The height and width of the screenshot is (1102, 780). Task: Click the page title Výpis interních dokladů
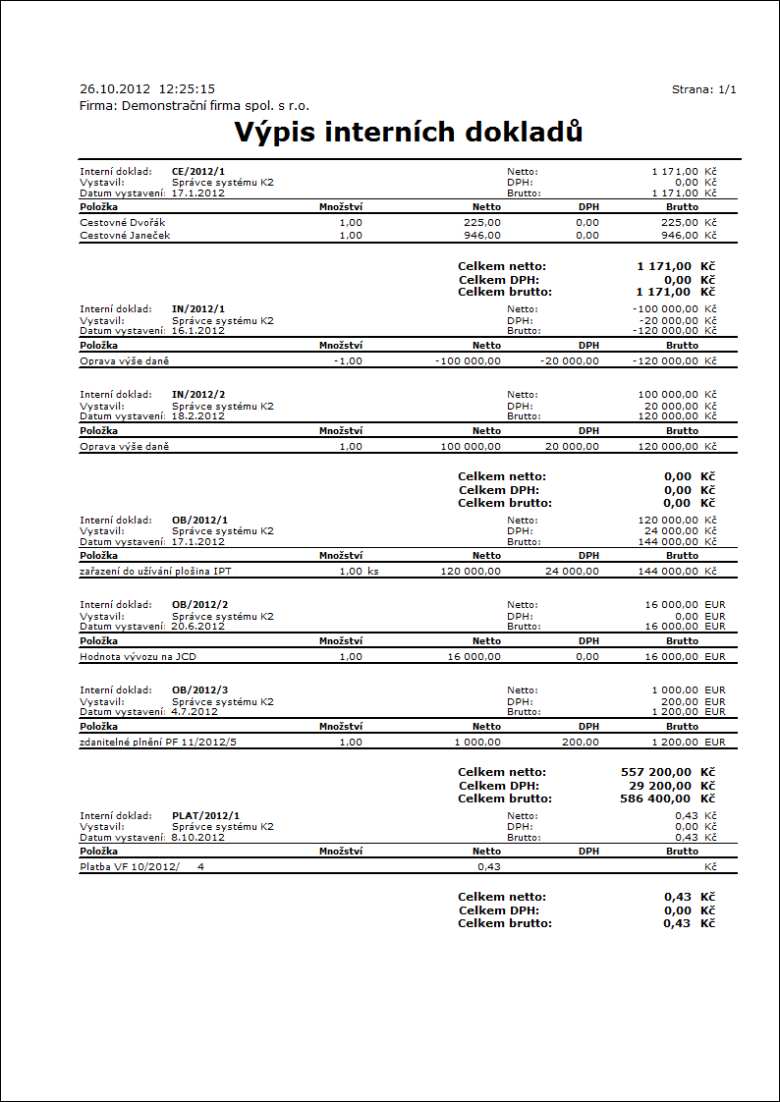pyautogui.click(x=409, y=132)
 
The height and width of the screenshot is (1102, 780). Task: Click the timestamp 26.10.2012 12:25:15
pyautogui.click(x=147, y=89)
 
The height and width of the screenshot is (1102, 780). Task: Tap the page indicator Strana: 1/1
pyautogui.click(x=703, y=89)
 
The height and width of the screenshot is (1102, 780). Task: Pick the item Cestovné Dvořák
pyautogui.click(x=123, y=222)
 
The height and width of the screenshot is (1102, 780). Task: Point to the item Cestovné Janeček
pyautogui.click(x=125, y=235)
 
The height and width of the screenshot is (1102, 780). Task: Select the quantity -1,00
pyautogui.click(x=348, y=360)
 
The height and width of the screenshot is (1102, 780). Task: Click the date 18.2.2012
pyautogui.click(x=198, y=415)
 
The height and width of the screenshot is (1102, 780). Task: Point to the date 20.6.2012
pyautogui.click(x=198, y=626)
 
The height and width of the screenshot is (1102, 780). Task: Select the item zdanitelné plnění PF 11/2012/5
pyautogui.click(x=158, y=742)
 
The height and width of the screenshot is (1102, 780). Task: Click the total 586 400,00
pyautogui.click(x=656, y=799)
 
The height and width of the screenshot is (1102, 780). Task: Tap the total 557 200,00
pyautogui.click(x=656, y=772)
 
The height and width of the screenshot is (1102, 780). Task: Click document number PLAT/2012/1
pyautogui.click(x=205, y=815)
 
